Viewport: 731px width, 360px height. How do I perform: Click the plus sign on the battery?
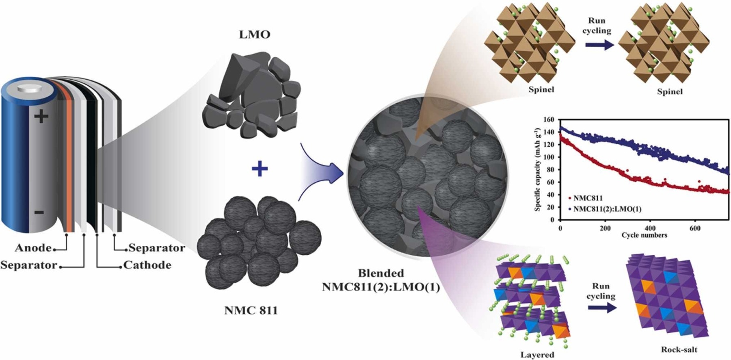(41, 117)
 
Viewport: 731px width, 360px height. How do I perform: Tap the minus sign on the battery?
(39, 212)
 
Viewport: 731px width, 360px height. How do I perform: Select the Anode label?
(33, 248)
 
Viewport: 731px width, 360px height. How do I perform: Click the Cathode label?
(147, 265)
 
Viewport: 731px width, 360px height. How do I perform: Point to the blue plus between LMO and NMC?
(260, 168)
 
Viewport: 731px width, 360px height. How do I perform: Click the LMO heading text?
(255, 35)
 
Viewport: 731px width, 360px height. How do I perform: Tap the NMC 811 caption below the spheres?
(251, 310)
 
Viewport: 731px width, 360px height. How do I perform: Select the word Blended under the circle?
(381, 273)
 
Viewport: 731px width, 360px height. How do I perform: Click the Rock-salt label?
(679, 349)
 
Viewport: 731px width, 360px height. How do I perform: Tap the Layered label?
(537, 355)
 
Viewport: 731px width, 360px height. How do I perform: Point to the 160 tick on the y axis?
(549, 119)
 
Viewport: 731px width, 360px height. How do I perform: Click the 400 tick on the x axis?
(650, 228)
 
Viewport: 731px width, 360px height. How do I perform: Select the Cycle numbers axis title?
(644, 235)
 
